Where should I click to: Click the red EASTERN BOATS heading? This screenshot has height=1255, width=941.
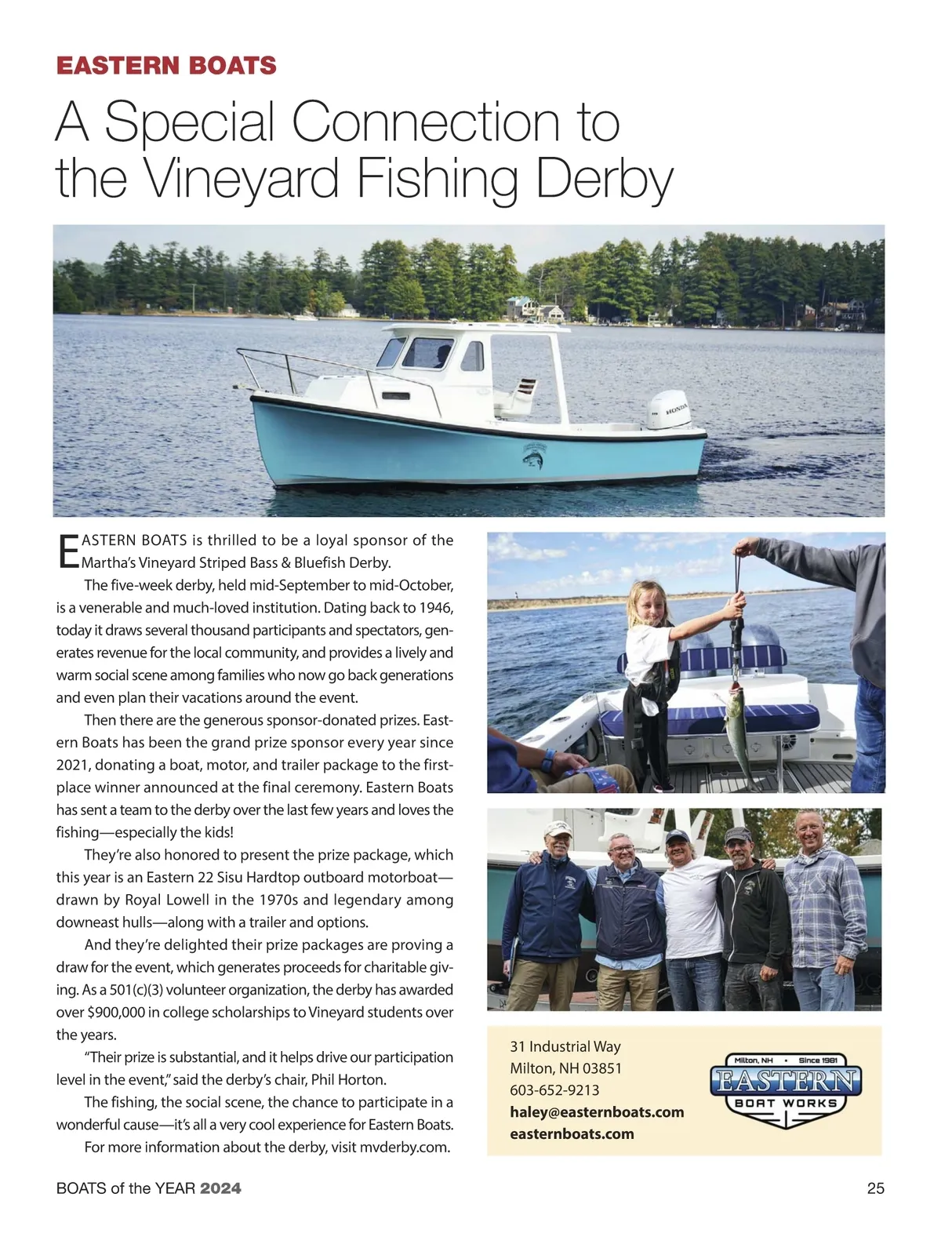point(166,65)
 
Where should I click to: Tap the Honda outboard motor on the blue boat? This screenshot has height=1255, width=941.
point(668,409)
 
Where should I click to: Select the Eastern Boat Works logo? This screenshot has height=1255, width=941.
point(786,1090)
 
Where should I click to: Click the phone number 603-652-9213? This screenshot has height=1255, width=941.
point(554,1090)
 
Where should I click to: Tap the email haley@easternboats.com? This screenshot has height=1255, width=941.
point(597,1112)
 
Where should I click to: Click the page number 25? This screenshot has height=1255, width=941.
point(875,1188)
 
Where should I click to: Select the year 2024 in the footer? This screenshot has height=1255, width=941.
point(220,1188)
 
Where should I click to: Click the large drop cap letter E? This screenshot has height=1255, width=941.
point(68,551)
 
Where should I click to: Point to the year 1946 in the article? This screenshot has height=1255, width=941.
point(436,608)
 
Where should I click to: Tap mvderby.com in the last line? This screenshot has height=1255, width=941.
point(405,1148)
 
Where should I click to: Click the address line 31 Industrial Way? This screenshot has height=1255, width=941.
point(565,1046)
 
